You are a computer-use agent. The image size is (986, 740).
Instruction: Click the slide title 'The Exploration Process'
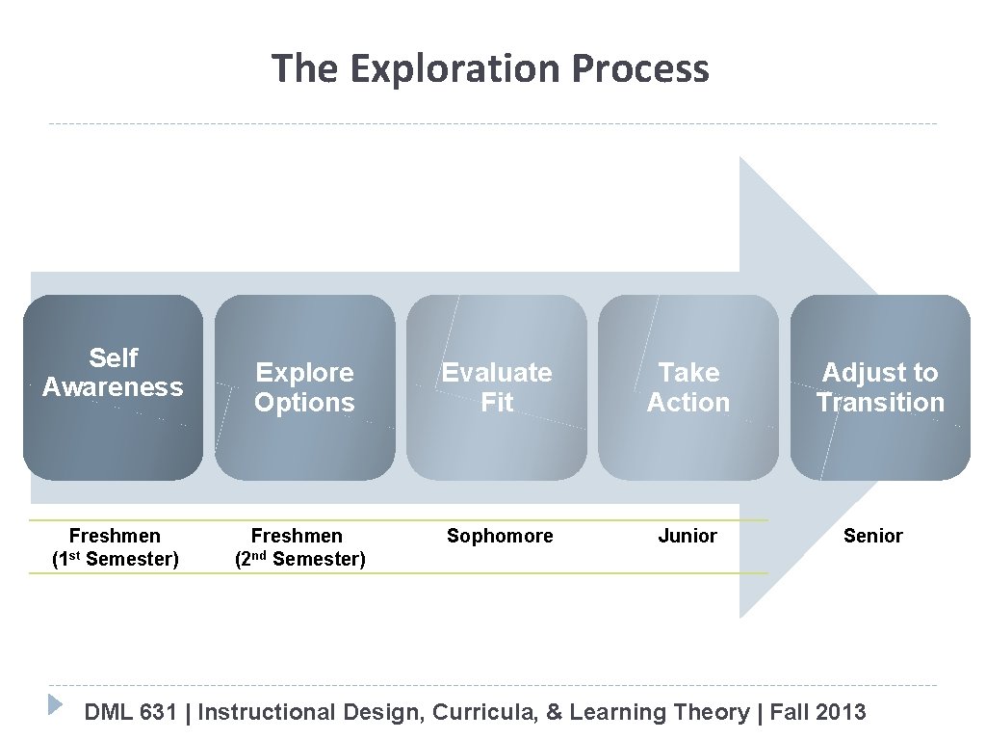[490, 69]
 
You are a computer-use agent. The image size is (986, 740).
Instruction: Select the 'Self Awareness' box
[113, 386]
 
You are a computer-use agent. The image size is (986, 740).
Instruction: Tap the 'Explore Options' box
[304, 386]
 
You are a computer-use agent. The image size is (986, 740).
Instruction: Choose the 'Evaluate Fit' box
[496, 386]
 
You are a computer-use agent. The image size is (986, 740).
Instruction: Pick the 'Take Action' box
[688, 386]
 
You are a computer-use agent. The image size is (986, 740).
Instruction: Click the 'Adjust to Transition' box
[880, 386]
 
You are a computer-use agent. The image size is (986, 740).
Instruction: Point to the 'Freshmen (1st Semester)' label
[115, 547]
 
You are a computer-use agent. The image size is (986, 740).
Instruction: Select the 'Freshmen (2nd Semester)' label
[299, 547]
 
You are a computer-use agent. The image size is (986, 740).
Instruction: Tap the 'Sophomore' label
[500, 536]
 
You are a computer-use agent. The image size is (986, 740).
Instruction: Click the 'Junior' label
[687, 536]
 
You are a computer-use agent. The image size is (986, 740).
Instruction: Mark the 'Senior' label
[872, 536]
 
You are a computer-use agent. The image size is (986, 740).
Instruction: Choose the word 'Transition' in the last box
[880, 403]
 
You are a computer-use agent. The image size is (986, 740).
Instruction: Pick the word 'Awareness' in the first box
[113, 388]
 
